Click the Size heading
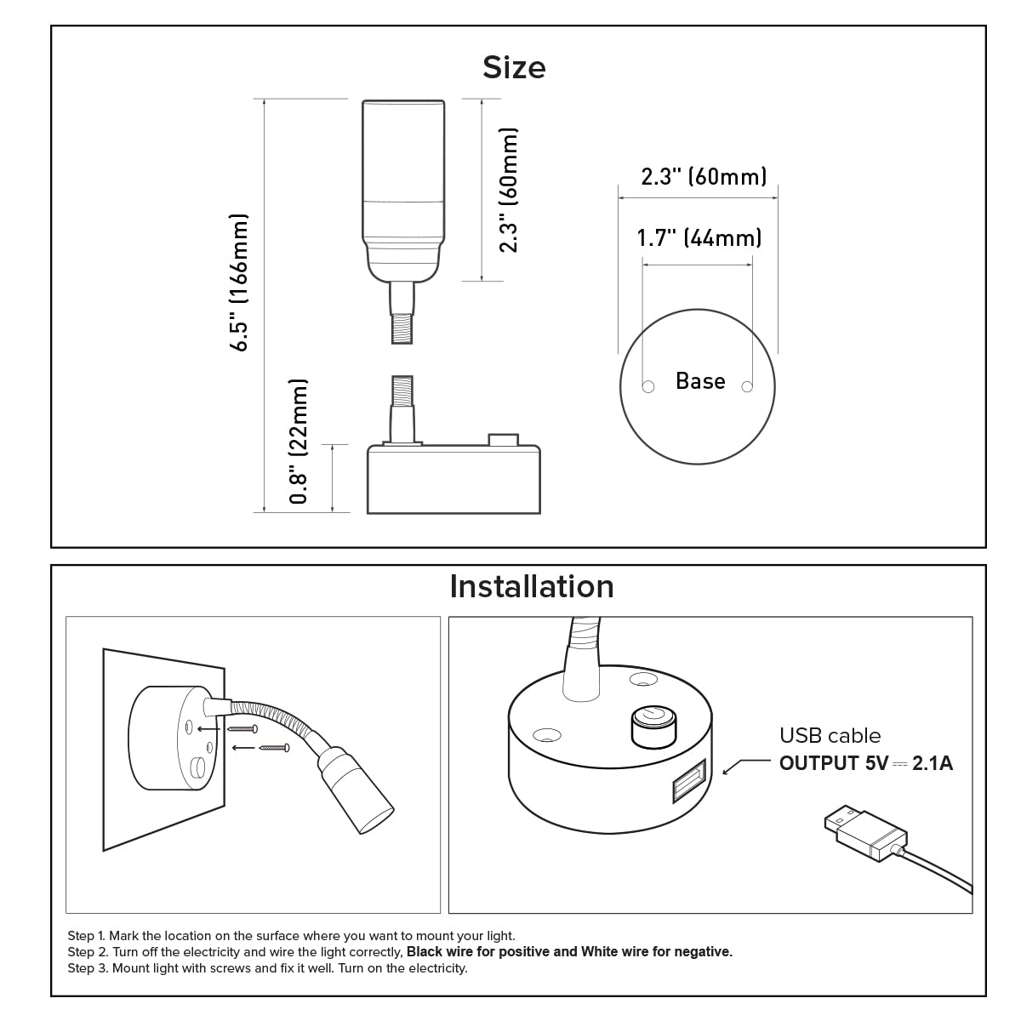pos(514,67)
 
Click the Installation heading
pos(531,586)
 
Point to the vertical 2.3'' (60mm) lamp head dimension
pos(508,190)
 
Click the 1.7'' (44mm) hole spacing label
pos(699,237)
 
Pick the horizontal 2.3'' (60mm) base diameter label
pos(704,176)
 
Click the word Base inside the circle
pos(700,380)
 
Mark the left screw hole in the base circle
pos(648,387)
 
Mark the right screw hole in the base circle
pos(748,387)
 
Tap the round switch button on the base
pos(653,725)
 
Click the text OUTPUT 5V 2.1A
pos(865,763)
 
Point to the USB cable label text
pos(830,735)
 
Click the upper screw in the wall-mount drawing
pos(242,729)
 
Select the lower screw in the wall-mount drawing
pos(274,748)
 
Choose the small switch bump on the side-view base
pos(503,440)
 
